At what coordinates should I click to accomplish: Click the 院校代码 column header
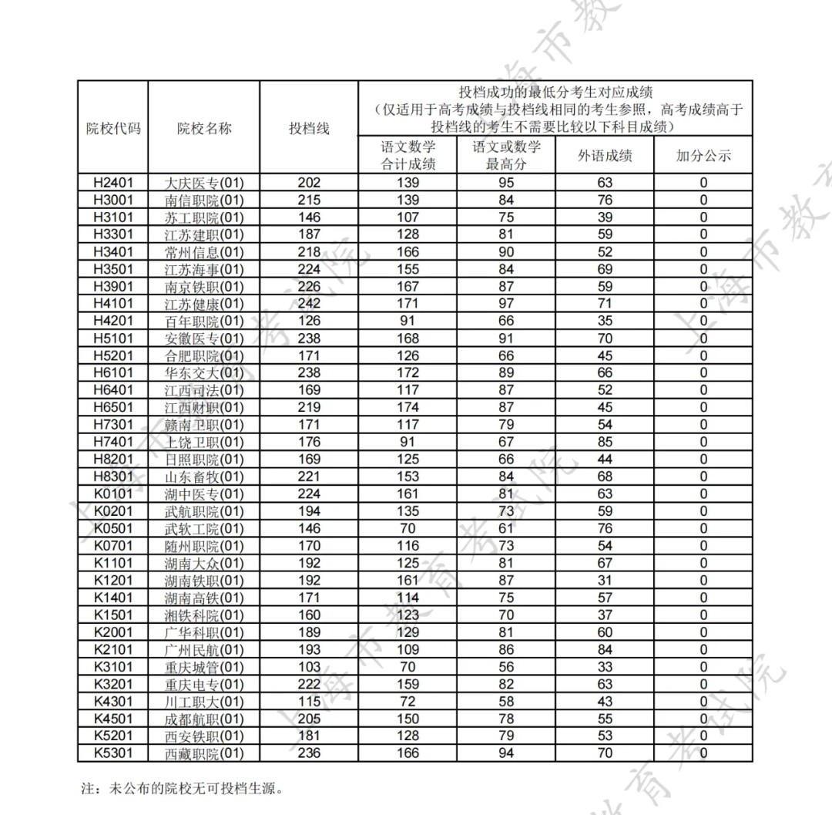tap(113, 129)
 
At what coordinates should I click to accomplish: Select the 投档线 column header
tap(309, 129)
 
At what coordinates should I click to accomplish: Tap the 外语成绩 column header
tap(605, 156)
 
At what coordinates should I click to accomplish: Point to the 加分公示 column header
tap(703, 156)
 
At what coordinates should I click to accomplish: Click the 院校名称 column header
tap(204, 129)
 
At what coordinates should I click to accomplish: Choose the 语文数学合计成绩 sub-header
tap(408, 156)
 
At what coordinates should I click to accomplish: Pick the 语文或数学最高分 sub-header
tap(506, 156)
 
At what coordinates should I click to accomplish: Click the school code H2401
tap(113, 183)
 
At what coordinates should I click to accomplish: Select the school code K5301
tap(113, 753)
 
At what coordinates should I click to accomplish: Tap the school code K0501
tap(113, 529)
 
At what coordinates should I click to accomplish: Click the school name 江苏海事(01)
tap(204, 270)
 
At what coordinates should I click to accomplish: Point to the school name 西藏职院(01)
tap(204, 753)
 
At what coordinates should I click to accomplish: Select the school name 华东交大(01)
tap(204, 373)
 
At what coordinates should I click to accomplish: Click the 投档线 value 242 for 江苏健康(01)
tap(309, 304)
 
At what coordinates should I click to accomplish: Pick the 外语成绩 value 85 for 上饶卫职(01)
tap(605, 443)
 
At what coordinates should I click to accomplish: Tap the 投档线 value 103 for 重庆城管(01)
tap(309, 667)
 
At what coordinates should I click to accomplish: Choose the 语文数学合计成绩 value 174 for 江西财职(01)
tap(408, 408)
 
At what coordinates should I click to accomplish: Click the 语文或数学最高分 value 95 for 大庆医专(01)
tap(506, 183)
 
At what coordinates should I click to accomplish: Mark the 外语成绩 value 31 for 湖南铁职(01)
tap(605, 581)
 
